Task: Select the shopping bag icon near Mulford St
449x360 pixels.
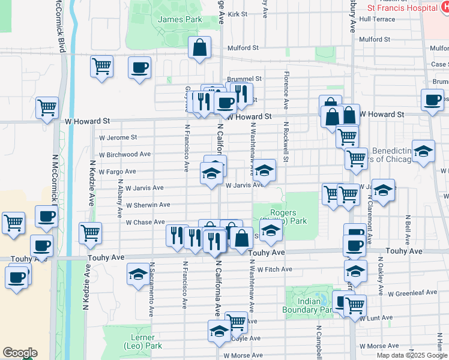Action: point(199,48)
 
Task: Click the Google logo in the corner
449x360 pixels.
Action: point(20,353)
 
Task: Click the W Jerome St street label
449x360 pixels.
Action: point(118,137)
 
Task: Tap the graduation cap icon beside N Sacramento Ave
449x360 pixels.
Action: point(138,275)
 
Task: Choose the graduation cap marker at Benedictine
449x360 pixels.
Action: point(423,152)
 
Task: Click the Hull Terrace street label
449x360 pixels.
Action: point(377,19)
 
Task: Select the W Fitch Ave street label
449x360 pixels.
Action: point(274,269)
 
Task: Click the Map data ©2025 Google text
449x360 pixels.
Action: point(412,355)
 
